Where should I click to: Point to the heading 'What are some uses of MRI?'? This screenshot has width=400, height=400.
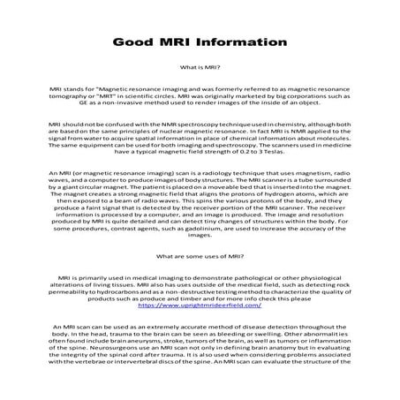point(200,255)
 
